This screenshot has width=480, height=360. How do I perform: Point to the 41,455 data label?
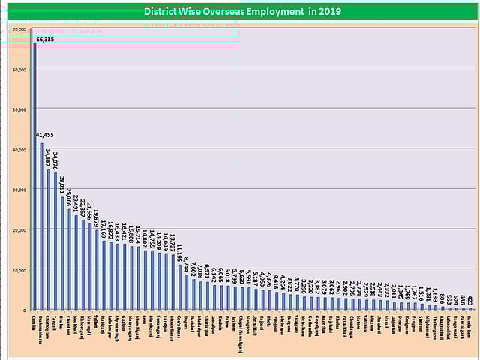(x=45, y=135)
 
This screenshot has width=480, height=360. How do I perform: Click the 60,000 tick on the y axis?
(x=20, y=70)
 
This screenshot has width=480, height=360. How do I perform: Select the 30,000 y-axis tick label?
(x=20, y=190)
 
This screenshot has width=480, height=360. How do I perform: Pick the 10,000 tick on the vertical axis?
(x=20, y=270)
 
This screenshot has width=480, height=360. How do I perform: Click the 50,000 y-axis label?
(x=20, y=109)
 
